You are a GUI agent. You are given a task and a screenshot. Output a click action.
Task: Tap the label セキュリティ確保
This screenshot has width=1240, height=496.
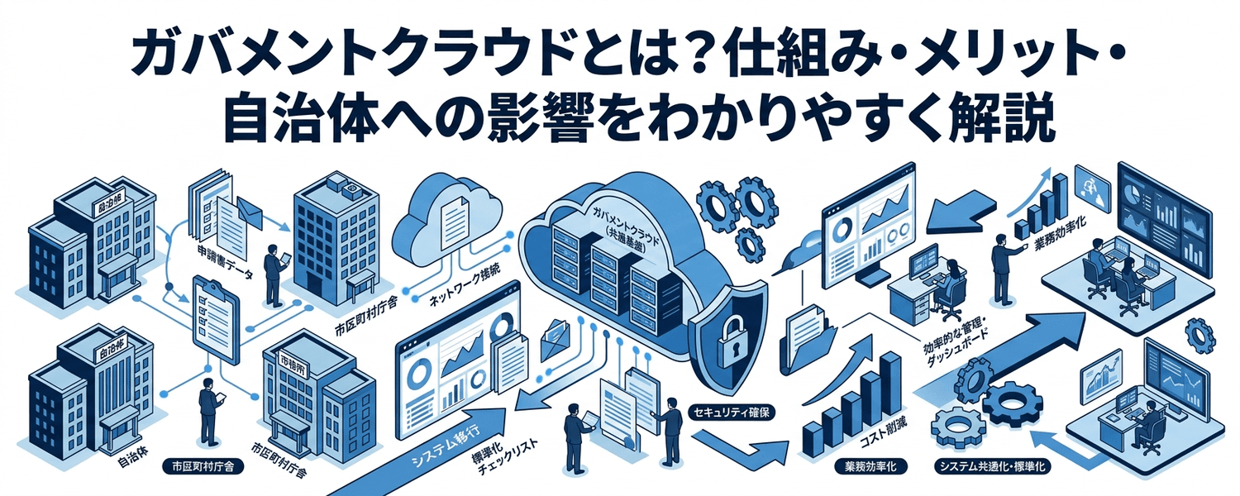tap(732, 411)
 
